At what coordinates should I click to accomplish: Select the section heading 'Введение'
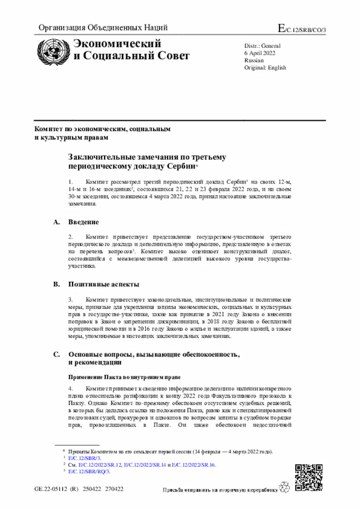[x=84, y=222]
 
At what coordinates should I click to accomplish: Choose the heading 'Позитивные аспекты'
[x=104, y=284]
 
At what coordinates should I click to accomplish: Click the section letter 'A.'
[x=57, y=222]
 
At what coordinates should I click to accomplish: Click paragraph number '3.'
[x=71, y=300]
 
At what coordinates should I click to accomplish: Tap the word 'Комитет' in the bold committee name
[x=48, y=129]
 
